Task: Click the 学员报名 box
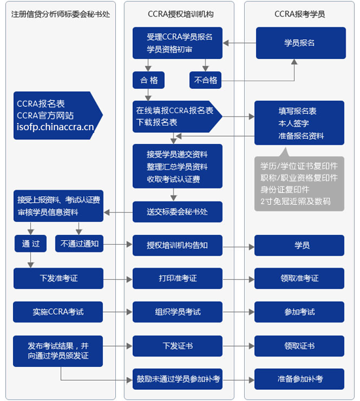299,43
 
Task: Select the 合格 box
148,80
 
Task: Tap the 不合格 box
206,80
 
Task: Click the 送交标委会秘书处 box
177,211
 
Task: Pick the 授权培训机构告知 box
177,245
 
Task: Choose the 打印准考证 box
177,279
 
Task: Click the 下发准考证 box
58,279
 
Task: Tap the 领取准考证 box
299,279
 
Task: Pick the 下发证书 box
177,345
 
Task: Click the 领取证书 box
299,345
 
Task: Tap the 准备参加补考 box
299,379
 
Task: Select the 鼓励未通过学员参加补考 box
177,379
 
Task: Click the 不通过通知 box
79,244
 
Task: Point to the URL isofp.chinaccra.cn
55,126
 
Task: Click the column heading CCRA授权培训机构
177,14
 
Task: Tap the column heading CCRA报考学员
299,14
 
